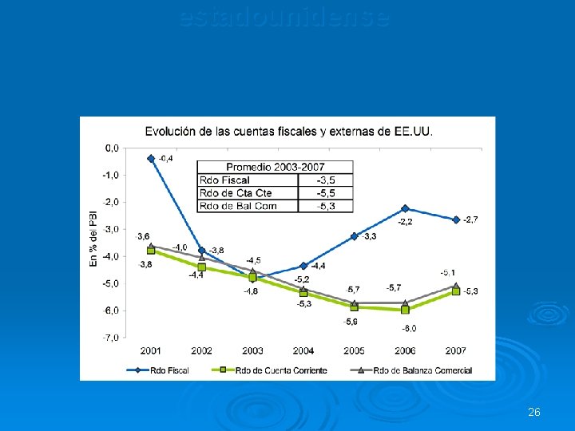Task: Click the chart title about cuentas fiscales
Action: (288, 131)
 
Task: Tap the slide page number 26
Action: (534, 412)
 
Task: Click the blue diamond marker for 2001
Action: (151, 158)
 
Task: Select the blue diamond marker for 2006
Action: (405, 208)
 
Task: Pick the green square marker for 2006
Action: (405, 310)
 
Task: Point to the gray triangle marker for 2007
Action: (455, 285)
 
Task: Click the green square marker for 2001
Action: (151, 251)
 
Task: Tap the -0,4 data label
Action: (165, 159)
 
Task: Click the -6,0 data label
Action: (408, 328)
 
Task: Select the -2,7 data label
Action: (470, 219)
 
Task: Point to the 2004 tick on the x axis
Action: (303, 351)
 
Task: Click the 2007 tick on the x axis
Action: (455, 351)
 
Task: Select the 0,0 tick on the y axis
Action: (113, 148)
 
